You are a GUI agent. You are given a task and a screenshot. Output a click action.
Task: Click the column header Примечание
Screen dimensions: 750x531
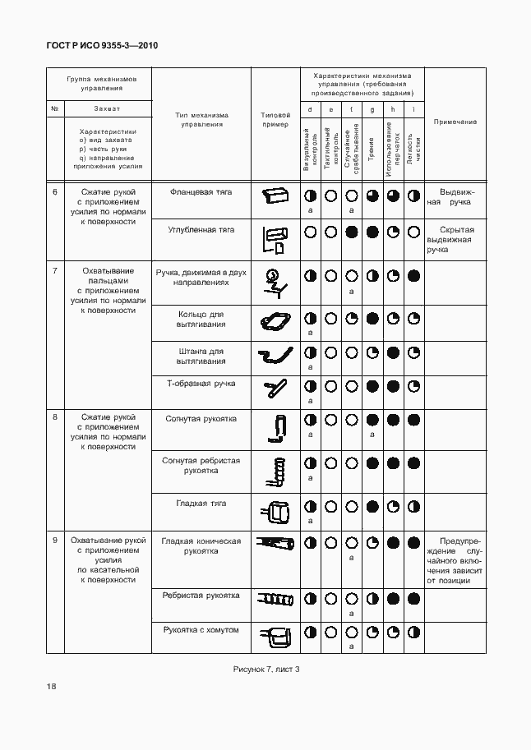[x=455, y=122]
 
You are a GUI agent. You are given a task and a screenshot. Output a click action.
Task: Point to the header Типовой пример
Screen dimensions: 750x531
[x=275, y=121]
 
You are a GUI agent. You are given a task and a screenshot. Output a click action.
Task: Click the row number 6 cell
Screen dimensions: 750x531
[x=55, y=191]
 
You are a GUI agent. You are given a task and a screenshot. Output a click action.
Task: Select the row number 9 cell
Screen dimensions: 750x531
[x=55, y=541]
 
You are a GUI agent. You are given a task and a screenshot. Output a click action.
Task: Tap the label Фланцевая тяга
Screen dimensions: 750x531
[x=201, y=191]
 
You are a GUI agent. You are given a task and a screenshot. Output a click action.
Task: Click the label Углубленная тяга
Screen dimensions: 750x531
[x=201, y=229]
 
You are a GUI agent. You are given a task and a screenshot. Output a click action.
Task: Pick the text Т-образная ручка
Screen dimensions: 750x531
[x=201, y=383]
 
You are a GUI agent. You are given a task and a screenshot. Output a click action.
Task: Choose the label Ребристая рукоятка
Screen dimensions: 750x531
[x=201, y=595]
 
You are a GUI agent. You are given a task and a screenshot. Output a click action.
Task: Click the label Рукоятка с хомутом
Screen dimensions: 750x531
[x=201, y=629]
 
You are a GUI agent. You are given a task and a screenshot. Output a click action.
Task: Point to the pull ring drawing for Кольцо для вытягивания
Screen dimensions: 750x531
[x=275, y=321]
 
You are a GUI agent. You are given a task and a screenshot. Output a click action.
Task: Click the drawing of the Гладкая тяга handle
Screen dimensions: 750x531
[x=275, y=512]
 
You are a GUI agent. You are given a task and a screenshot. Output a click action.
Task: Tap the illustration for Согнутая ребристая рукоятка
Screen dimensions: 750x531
[x=275, y=472]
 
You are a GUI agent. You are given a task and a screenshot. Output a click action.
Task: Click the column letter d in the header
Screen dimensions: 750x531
[x=310, y=109]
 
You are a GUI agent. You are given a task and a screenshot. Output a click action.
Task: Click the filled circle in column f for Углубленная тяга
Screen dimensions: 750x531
[x=352, y=232]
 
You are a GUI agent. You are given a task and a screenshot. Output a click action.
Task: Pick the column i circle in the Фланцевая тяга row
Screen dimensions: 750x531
[x=414, y=196]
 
